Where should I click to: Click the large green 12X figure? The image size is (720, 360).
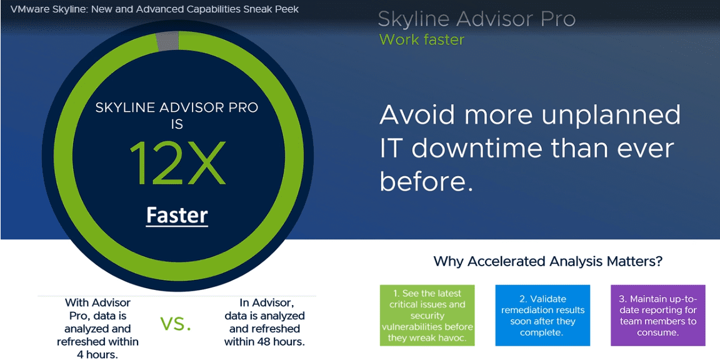(x=177, y=163)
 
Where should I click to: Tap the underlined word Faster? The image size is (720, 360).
(x=177, y=216)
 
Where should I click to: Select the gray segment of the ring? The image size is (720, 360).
(x=167, y=42)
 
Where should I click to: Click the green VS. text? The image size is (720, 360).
(x=176, y=324)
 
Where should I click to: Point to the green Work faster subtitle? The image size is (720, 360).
(x=422, y=39)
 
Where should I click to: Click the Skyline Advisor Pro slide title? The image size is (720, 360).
(x=477, y=19)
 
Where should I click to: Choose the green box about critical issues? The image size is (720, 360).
(x=427, y=316)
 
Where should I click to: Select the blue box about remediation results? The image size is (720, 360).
(x=542, y=316)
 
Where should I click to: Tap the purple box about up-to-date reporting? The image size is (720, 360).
(x=657, y=316)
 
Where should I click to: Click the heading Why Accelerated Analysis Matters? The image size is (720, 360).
(x=547, y=262)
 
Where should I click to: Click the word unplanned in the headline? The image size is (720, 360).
(x=611, y=116)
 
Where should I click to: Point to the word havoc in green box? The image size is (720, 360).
(x=452, y=339)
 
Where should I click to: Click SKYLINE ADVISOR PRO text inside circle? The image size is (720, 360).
(x=177, y=108)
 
